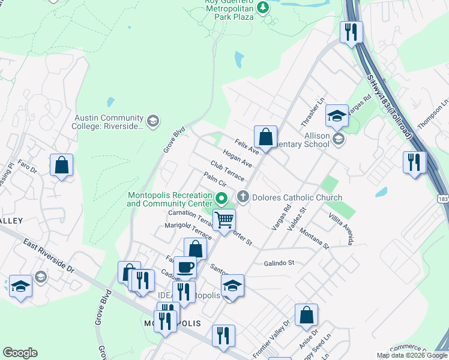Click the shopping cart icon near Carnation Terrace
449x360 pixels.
(224, 220)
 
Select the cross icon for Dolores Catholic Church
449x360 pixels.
(243, 196)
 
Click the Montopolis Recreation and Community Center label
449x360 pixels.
(169, 199)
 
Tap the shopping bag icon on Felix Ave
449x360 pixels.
(265, 137)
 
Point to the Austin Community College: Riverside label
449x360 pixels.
(109, 122)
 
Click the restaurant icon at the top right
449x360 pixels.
(351, 32)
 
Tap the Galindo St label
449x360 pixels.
(279, 263)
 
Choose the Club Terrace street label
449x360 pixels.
(228, 170)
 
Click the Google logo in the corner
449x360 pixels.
(20, 353)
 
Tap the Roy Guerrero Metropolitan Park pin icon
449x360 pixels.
(262, 7)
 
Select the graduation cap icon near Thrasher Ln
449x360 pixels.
(337, 116)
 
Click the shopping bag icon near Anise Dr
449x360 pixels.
(306, 314)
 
